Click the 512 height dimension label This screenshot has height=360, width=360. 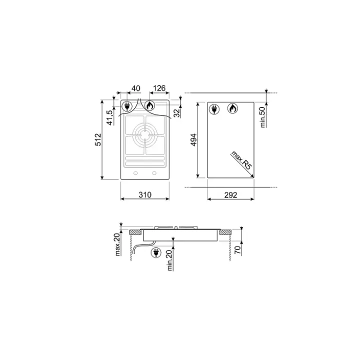pos(98,139)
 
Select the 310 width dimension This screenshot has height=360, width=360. pos(145,194)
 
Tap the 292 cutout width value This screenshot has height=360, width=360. pos(230,195)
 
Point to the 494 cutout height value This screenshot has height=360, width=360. pos(194,140)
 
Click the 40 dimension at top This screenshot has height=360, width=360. pos(135,88)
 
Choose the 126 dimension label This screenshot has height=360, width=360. pos(159,88)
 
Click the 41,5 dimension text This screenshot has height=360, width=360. pos(110,118)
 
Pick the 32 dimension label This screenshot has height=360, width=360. pos(177,113)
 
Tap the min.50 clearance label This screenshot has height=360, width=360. pos(262,117)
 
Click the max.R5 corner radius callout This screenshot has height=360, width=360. pos(241,160)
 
